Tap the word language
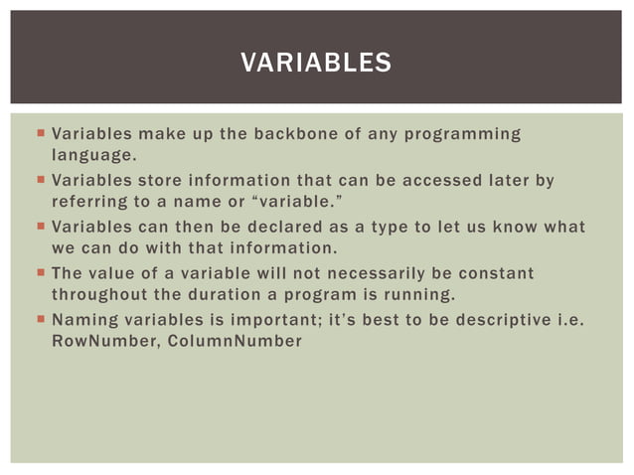click(x=92, y=155)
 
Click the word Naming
click(x=82, y=320)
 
